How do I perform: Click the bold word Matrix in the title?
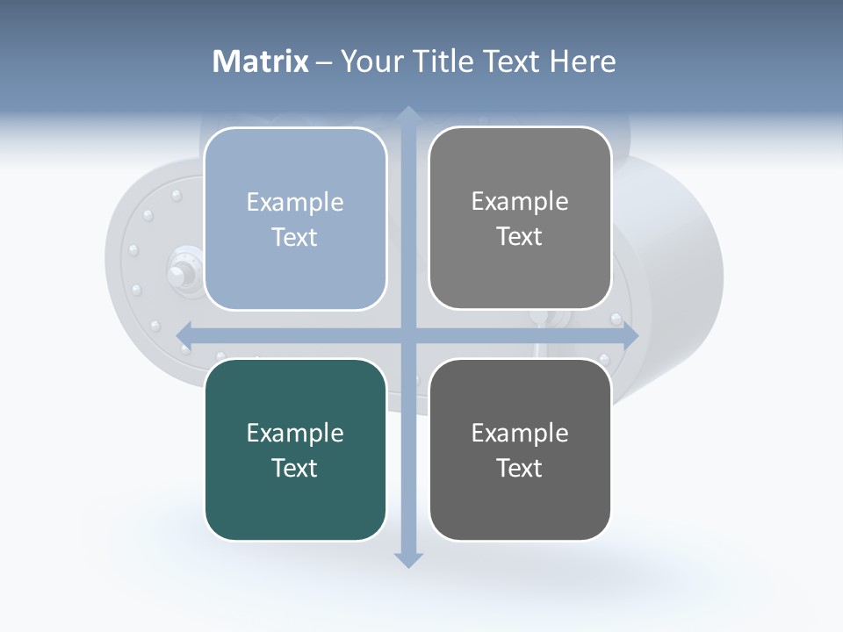coord(261,61)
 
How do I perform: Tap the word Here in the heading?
coord(583,61)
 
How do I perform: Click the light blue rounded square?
coord(295,219)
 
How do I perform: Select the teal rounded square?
coord(295,449)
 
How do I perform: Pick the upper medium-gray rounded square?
coord(520,218)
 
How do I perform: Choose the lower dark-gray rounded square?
coord(520,449)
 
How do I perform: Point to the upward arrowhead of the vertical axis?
coord(407,114)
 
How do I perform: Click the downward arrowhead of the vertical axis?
coord(407,559)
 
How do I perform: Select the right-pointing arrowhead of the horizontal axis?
coord(630,335)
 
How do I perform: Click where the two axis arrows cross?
coord(407,335)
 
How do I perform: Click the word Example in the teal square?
coord(295,433)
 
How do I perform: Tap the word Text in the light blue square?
coord(295,237)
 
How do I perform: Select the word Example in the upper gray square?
coord(520,201)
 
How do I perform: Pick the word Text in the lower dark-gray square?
coord(520,468)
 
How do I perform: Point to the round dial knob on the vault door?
coord(180,275)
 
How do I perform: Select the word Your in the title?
coord(370,61)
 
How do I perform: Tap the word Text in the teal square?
coord(295,468)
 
